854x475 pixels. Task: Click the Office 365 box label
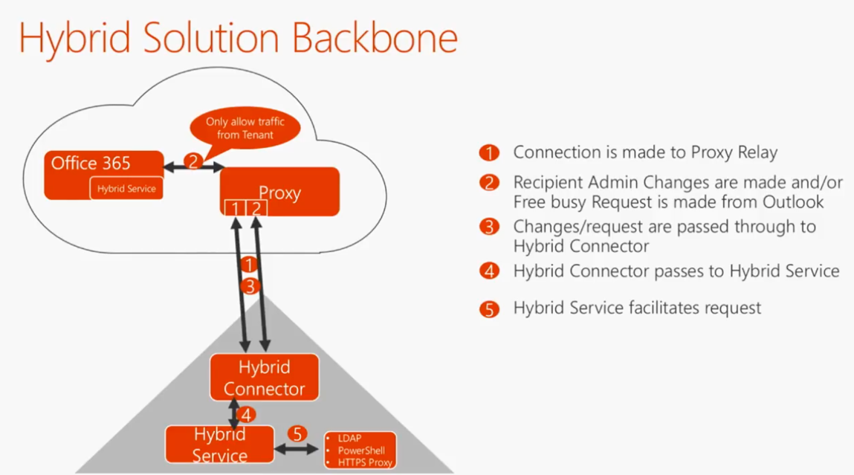tap(91, 164)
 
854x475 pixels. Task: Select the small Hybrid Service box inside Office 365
tap(126, 189)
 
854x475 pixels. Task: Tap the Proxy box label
tap(279, 193)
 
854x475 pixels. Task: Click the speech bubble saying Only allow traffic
tap(245, 128)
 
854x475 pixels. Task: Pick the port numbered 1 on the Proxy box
tap(235, 208)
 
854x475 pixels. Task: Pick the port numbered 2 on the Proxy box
tap(256, 208)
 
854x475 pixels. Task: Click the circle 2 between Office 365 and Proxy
tap(193, 161)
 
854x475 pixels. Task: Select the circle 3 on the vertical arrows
tap(250, 286)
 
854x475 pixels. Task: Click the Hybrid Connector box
tap(264, 378)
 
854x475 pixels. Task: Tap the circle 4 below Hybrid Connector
tap(246, 416)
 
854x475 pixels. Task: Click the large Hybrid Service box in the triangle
tap(219, 444)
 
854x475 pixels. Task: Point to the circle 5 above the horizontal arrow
tap(297, 433)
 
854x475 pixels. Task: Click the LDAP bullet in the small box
tap(349, 439)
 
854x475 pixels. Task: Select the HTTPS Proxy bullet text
tap(365, 462)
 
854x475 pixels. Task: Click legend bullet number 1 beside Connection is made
tap(489, 154)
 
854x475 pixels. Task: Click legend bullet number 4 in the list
tap(489, 272)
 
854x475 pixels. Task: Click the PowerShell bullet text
tap(361, 450)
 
